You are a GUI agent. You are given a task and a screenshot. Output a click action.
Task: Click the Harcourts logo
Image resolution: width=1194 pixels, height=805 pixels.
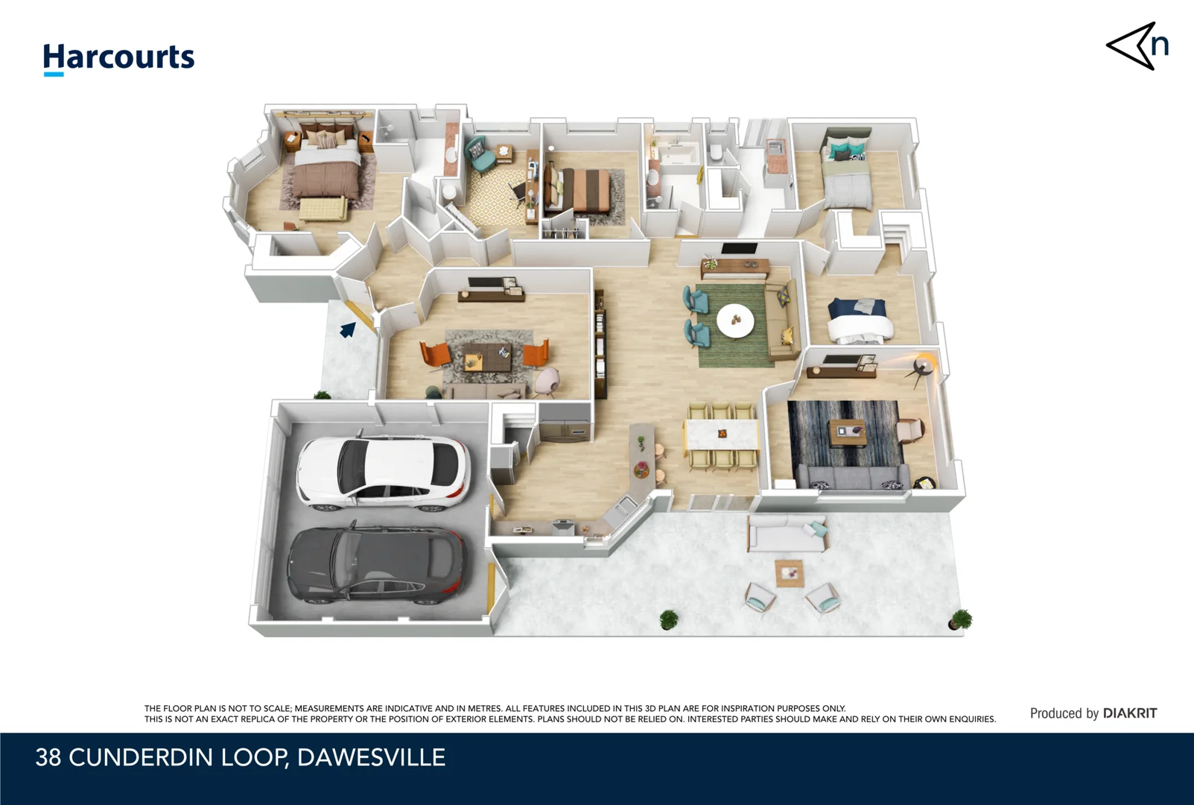[118, 59]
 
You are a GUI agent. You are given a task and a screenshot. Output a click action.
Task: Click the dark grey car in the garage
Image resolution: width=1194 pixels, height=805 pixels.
[378, 566]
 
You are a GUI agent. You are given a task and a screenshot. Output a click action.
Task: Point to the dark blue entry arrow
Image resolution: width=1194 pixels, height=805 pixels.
[348, 330]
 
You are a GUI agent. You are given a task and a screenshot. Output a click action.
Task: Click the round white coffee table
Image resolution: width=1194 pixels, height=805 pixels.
[735, 320]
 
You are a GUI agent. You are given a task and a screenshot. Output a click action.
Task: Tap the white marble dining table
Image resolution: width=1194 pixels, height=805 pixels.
[722, 435]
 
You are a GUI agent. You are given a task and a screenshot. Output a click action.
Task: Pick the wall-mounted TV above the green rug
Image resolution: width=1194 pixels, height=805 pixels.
[740, 249]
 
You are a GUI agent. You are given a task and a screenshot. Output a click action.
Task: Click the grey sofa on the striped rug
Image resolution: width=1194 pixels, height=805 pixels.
[852, 476]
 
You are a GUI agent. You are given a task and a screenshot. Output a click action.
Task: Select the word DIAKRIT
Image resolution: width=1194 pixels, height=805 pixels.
[1129, 713]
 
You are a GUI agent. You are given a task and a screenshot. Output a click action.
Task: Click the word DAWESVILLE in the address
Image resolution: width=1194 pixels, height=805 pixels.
[371, 757]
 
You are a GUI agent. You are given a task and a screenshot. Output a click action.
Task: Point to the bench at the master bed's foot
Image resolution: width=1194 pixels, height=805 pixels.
[323, 208]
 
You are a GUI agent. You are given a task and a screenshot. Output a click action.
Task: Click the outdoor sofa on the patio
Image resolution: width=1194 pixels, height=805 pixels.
[788, 534]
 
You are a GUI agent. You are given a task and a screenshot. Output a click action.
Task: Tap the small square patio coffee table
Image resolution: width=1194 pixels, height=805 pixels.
[790, 573]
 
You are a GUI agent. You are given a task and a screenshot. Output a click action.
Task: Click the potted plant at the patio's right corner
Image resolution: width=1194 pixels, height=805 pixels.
[961, 619]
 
